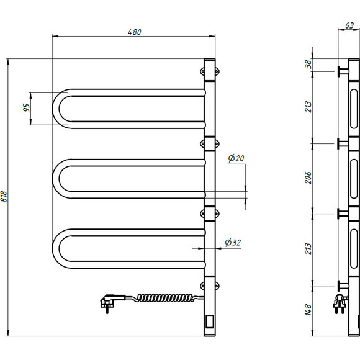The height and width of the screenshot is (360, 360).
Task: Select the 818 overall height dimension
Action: pyautogui.click(x=5, y=197)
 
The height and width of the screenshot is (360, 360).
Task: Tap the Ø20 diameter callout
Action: pyautogui.click(x=236, y=160)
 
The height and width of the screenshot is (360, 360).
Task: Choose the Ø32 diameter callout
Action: pyautogui.click(x=232, y=242)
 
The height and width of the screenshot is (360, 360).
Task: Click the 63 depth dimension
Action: pyautogui.click(x=349, y=27)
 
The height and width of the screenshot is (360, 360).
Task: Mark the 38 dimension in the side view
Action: pyautogui.click(x=308, y=65)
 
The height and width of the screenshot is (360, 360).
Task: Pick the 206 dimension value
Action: pyautogui.click(x=308, y=178)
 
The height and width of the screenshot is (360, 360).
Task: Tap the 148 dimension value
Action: pyautogui.click(x=308, y=310)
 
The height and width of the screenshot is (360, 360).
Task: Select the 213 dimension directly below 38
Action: pyautogui.click(x=308, y=106)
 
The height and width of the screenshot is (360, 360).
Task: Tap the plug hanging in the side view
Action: pyautogui.click(x=339, y=305)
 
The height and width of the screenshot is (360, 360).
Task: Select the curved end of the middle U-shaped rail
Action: pyautogui.click(x=58, y=179)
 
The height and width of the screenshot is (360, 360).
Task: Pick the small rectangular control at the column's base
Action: pyautogui.click(x=210, y=322)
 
